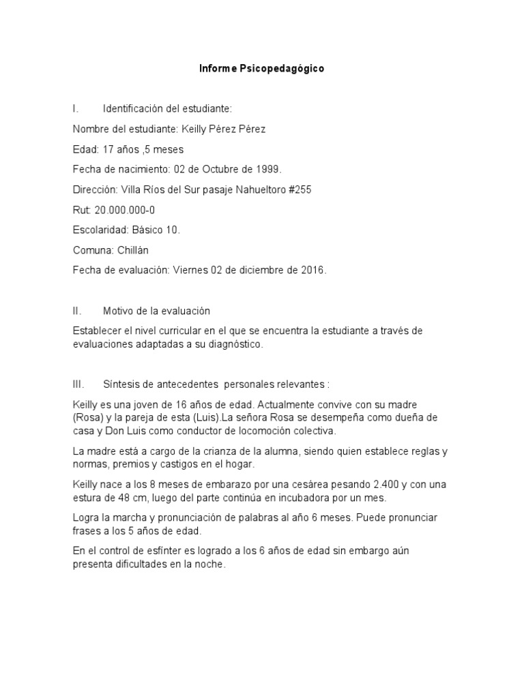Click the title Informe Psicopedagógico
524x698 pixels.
tap(261, 69)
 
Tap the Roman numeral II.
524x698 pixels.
tap(77, 311)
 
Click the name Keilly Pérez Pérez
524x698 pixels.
tap(223, 130)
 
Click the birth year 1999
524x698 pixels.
tap(267, 169)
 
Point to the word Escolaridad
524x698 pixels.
tap(98, 230)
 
